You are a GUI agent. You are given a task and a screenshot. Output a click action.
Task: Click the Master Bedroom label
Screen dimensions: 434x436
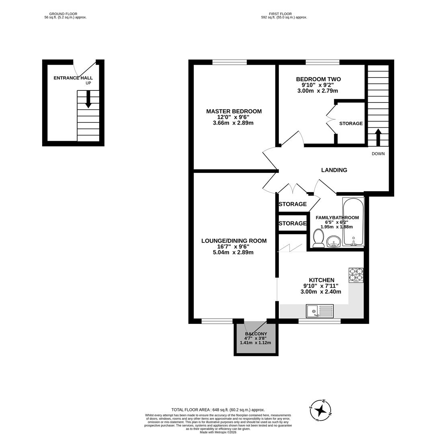[x=233, y=111]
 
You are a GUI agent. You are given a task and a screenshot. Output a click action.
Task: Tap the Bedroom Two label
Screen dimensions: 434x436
[x=318, y=79]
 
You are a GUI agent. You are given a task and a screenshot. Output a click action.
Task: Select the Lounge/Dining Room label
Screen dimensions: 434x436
[x=233, y=241]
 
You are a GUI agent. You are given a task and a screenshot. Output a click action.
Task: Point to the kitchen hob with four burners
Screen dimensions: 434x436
[x=356, y=275]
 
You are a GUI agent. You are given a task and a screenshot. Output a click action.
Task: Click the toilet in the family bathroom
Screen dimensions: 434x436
[x=319, y=239]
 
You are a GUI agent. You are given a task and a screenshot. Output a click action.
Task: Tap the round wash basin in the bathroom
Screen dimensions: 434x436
[x=333, y=242]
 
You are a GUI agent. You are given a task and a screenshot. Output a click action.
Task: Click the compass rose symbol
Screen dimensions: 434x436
[x=320, y=410]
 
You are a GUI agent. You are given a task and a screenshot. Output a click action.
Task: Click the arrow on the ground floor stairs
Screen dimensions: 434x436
[x=88, y=99]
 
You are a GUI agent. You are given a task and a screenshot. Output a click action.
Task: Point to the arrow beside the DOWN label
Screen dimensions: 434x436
[x=378, y=137]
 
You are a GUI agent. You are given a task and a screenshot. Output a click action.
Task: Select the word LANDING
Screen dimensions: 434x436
[x=334, y=170]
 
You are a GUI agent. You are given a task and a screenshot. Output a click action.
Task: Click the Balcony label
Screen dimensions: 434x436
[x=256, y=334]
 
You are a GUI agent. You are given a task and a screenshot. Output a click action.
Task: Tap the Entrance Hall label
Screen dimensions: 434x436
[x=73, y=78]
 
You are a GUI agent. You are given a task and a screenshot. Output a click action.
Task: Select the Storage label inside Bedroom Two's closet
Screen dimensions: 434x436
[x=351, y=123]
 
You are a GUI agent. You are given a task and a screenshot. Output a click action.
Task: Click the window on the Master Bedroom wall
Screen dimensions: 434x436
[x=229, y=62]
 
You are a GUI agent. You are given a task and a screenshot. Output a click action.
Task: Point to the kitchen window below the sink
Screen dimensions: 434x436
[x=319, y=321]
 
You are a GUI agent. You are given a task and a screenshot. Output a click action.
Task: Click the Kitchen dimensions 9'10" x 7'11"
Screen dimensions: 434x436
[x=321, y=286]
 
